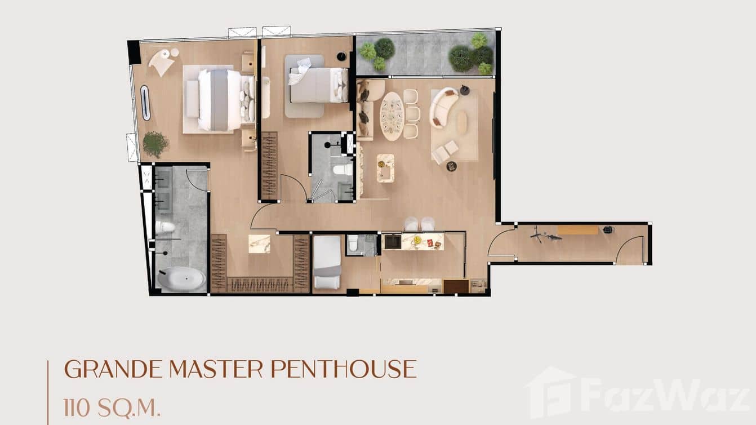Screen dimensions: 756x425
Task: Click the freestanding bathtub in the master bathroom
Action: click(x=181, y=279)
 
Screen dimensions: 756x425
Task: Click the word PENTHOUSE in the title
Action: click(x=344, y=369)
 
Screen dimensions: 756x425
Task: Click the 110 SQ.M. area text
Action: click(x=112, y=408)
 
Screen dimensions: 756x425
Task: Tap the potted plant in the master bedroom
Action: click(x=155, y=144)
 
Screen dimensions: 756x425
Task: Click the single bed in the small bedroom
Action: click(x=327, y=262)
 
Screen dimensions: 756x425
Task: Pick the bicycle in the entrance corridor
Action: click(x=545, y=235)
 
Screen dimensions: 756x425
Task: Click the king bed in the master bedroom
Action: click(x=226, y=100)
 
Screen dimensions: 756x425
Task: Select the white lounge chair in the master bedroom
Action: click(x=162, y=63)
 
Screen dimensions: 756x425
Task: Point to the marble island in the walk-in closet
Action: click(x=259, y=244)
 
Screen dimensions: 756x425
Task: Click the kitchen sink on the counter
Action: click(x=393, y=242)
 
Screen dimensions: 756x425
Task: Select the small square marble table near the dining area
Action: click(x=385, y=168)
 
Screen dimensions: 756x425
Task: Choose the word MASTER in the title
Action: click(x=216, y=369)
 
